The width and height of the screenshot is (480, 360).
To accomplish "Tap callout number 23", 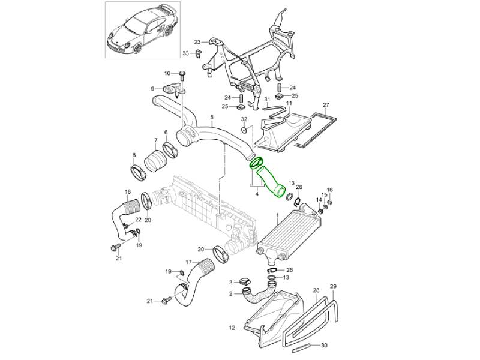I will tap(197, 42).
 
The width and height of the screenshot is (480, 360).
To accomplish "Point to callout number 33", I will tap(185, 53).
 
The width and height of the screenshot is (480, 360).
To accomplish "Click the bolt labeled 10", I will tap(182, 74).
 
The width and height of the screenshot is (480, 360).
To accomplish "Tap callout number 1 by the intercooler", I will tap(277, 214).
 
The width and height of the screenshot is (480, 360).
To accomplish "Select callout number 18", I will tap(127, 192).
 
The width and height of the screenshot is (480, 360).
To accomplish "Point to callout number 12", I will tap(232, 328).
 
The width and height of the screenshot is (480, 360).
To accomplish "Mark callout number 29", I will tap(334, 286).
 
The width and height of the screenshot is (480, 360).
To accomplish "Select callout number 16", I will tap(329, 190).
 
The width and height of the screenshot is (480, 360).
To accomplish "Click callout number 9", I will tap(152, 89).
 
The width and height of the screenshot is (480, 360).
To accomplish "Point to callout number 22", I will tap(138, 221).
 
